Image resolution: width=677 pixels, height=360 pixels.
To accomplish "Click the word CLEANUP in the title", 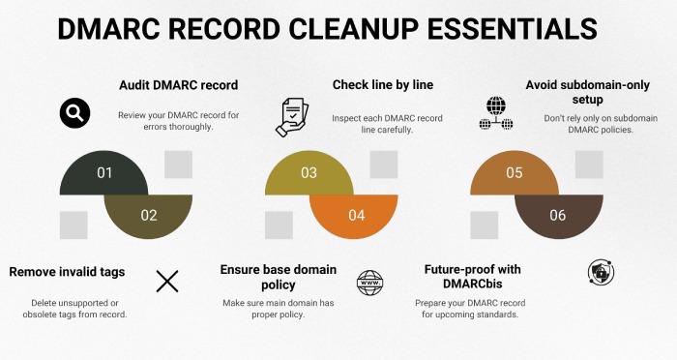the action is tap(353, 29).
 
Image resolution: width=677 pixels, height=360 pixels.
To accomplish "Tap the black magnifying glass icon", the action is tap(74, 113).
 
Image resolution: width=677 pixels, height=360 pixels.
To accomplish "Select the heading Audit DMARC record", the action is tap(178, 85).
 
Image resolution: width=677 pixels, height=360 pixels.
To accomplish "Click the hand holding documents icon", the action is tap(292, 117).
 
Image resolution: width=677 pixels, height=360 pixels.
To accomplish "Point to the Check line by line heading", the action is tap(383, 85).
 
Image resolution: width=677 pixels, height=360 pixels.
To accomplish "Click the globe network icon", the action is tap(496, 113).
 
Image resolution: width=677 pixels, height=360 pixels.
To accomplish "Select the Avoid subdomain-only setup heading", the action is tap(587, 92).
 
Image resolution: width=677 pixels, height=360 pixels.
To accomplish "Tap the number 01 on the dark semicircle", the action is tap(104, 173).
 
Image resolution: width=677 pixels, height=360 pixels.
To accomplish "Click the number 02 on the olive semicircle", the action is tap(149, 215).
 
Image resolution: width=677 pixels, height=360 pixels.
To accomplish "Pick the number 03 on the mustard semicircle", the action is tap(309, 173).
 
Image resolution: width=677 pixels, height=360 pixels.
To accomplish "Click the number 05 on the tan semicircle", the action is tap(515, 173).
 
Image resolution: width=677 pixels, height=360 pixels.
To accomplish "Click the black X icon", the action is tap(167, 282).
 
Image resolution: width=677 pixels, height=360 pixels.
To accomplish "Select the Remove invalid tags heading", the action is tap(67, 272).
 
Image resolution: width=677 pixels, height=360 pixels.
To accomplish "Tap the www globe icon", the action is tap(370, 283).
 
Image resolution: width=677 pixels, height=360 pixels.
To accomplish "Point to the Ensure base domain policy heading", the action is tap(279, 277).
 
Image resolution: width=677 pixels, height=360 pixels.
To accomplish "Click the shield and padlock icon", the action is tap(601, 272).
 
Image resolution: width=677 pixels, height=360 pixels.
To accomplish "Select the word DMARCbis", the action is tap(472, 284).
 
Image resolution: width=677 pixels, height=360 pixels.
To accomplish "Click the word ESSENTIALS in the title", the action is tap(513, 29).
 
